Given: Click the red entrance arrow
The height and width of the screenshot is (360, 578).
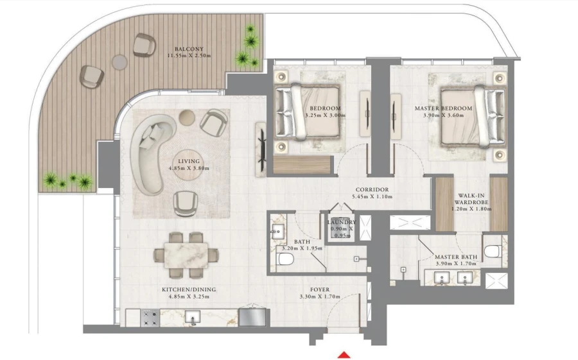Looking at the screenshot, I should tap(345, 354).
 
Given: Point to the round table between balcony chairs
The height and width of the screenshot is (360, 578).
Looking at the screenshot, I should tap(120, 62).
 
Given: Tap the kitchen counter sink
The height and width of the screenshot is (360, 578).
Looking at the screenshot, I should tap(192, 316).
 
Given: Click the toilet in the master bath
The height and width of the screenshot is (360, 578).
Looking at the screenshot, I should tap(492, 251).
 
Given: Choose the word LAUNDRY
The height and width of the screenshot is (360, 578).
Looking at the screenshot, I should tap(341, 223).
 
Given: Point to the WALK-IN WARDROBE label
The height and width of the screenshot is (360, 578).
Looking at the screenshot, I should tap(475, 199).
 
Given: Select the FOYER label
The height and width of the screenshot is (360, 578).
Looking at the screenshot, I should tap(320, 289).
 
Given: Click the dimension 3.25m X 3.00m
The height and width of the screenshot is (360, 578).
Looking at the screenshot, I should tap(325, 116).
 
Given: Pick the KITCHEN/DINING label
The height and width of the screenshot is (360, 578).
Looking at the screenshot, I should tap(189, 290).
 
